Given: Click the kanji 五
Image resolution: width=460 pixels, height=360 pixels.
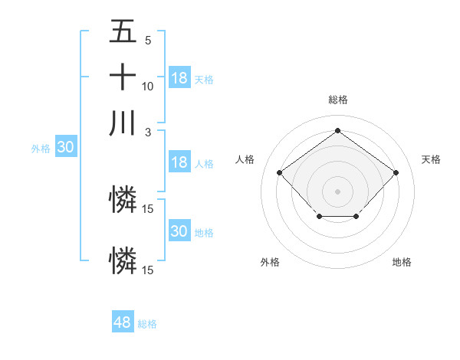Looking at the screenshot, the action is click(x=123, y=32).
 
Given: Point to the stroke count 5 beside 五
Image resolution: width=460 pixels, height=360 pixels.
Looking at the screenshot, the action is click(x=148, y=41).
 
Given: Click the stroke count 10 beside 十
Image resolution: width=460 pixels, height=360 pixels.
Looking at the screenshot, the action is click(x=148, y=86).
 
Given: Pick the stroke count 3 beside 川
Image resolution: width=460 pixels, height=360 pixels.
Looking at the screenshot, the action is click(x=148, y=131).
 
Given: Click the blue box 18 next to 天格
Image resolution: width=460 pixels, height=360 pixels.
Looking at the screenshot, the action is click(x=179, y=78).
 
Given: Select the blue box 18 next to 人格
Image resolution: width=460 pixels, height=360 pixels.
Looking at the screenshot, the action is click(x=179, y=162).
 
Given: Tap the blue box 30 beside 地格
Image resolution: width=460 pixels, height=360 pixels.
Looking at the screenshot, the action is click(x=179, y=231).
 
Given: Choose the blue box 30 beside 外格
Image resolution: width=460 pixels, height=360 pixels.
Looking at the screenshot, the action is click(x=65, y=148).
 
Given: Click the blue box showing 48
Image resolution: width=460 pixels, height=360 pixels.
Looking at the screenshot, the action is click(x=123, y=322).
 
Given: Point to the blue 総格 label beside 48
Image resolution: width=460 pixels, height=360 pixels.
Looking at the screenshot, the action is click(x=147, y=324).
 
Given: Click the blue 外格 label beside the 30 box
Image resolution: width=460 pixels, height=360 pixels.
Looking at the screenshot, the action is click(x=41, y=149).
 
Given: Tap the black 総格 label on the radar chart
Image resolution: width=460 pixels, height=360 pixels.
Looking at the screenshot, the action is click(x=338, y=100).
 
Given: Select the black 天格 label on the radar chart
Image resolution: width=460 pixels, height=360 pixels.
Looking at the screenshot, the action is click(x=431, y=159).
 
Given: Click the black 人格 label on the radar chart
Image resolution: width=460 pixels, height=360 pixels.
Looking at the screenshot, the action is click(x=245, y=159).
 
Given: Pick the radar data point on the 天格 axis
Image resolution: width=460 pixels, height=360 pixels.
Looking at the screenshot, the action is click(x=396, y=172).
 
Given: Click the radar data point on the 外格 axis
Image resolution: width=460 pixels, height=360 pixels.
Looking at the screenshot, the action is click(x=319, y=218).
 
